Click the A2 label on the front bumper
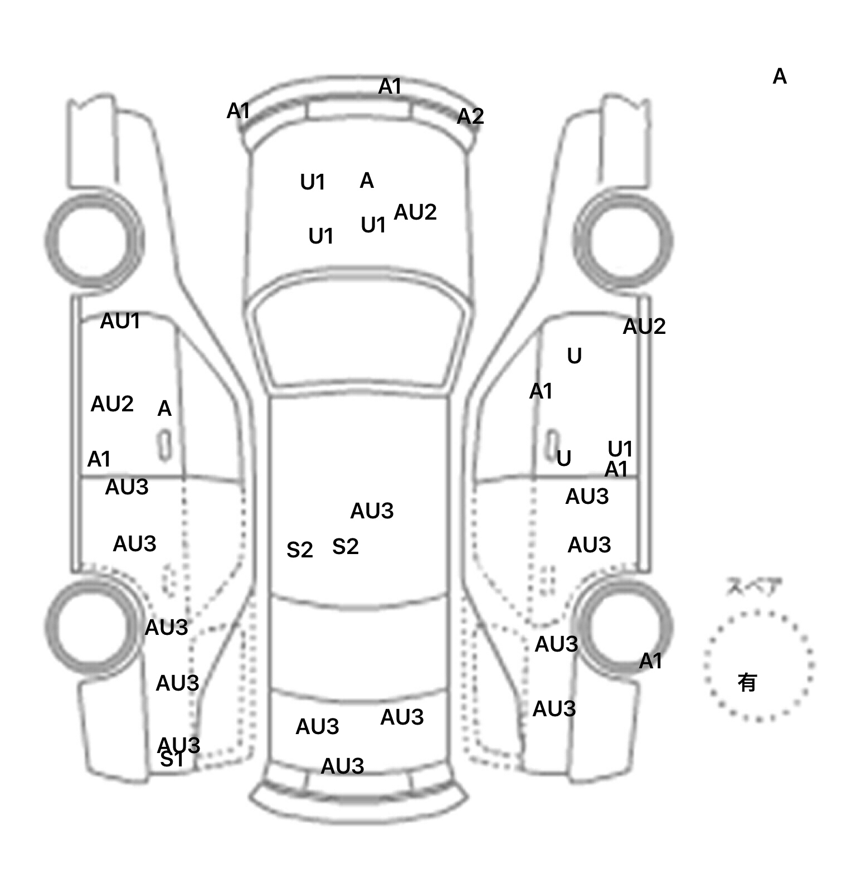pyautogui.click(x=470, y=116)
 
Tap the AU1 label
pyautogui.click(x=120, y=321)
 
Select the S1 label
pyautogui.click(x=171, y=760)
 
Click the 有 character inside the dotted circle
pyautogui.click(x=747, y=682)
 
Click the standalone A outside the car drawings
pyautogui.click(x=780, y=76)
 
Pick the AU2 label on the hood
pyautogui.click(x=415, y=212)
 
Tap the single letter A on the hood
pyautogui.click(x=367, y=181)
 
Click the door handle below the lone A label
pyautogui.click(x=165, y=445)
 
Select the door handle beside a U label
pyautogui.click(x=552, y=444)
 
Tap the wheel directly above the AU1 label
pyautogui.click(x=94, y=241)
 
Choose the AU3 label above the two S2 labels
pyautogui.click(x=372, y=511)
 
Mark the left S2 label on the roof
pyautogui.click(x=300, y=550)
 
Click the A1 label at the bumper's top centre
pyautogui.click(x=390, y=87)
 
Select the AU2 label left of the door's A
pyautogui.click(x=112, y=404)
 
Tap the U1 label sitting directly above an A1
pyautogui.click(x=620, y=449)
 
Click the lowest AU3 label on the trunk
pyautogui.click(x=342, y=766)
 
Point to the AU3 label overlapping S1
pyautogui.click(x=178, y=744)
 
